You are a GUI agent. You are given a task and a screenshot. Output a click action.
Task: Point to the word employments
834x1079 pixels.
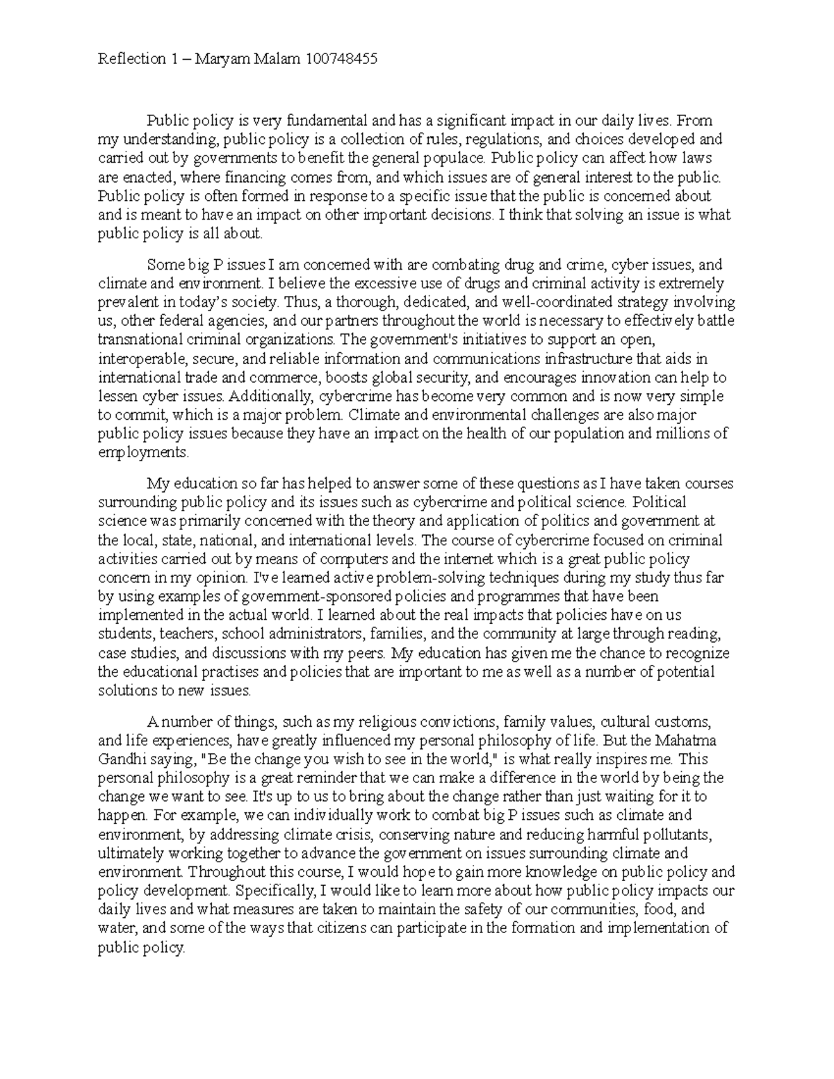(143, 452)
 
